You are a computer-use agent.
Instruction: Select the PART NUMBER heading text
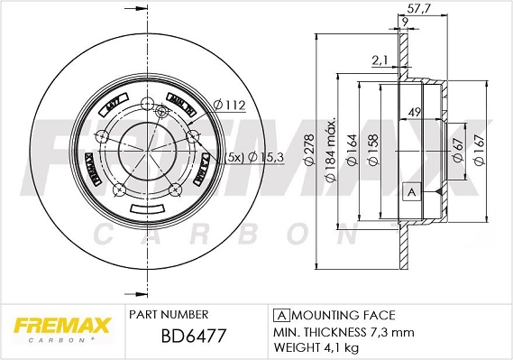tap(169, 314)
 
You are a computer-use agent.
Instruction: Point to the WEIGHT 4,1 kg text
tap(316, 346)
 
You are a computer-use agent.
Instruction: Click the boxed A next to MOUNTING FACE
tap(279, 315)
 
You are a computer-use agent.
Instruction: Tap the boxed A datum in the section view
tap(411, 192)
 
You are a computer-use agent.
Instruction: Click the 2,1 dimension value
tap(379, 60)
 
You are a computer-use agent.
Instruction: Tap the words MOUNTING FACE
tap(344, 315)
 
